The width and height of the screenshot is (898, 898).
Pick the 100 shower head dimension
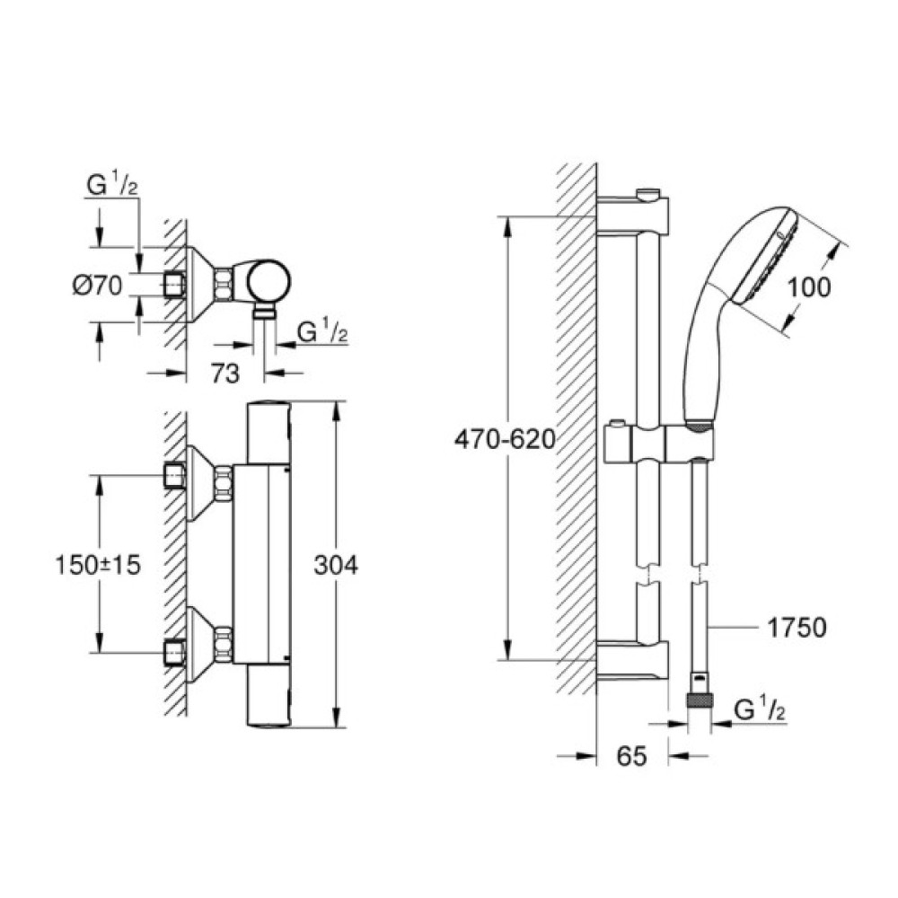pyautogui.click(x=807, y=287)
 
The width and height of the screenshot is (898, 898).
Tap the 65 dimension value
pyautogui.click(x=632, y=757)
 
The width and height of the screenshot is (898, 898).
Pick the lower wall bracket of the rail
pyautogui.click(x=633, y=656)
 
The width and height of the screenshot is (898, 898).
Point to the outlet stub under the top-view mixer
pyautogui.click(x=263, y=313)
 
